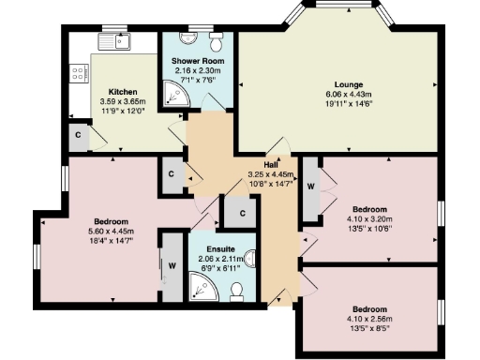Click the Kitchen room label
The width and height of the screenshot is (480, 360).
point(123,91)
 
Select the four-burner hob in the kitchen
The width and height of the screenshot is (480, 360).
point(78,72)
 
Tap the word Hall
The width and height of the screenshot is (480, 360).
point(270,164)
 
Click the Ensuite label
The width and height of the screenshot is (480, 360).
point(211,249)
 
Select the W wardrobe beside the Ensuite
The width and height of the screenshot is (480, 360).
point(172,264)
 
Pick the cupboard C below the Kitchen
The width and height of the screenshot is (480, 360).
point(77,136)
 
